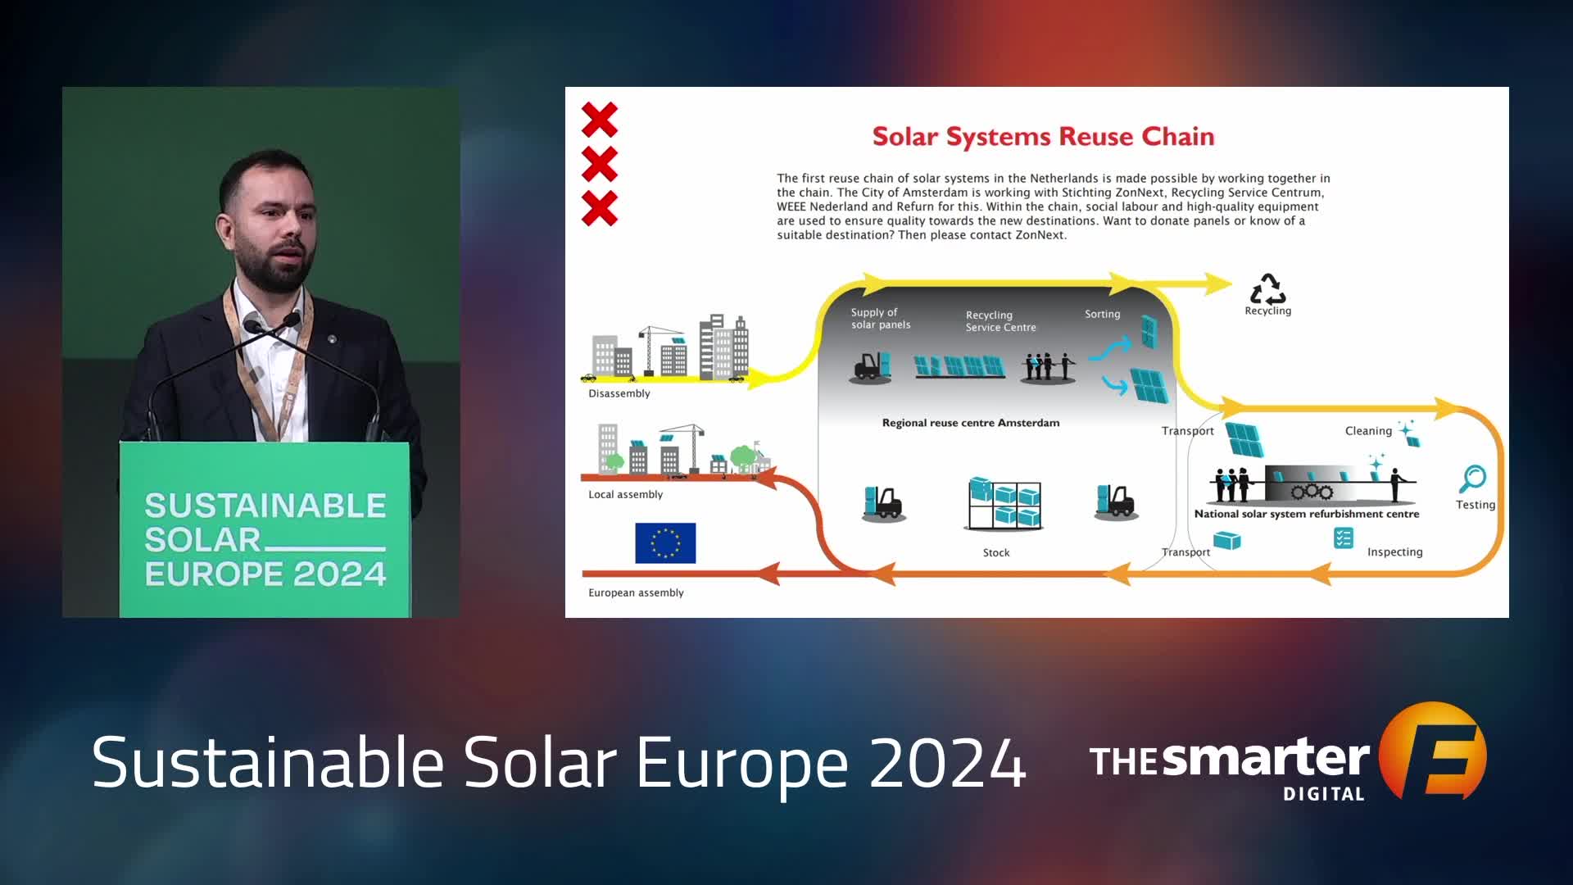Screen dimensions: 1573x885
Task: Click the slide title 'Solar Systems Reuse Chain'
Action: click(x=1043, y=137)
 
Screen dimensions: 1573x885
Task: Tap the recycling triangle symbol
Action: click(x=1267, y=288)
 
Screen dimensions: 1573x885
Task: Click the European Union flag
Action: click(x=665, y=542)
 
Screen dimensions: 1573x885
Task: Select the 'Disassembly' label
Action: click(x=619, y=393)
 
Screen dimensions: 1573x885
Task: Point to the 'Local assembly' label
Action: click(x=625, y=494)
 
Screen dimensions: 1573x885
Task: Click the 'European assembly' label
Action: click(x=636, y=592)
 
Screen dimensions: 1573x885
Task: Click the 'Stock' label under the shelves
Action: click(x=996, y=553)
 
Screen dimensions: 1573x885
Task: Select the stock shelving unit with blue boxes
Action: click(x=1004, y=503)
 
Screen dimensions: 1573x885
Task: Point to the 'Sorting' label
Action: click(x=1102, y=314)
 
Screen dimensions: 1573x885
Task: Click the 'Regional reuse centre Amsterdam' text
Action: click(x=971, y=423)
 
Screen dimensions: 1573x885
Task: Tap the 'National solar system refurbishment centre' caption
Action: click(x=1307, y=514)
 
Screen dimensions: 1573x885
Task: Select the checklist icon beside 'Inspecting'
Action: click(x=1344, y=538)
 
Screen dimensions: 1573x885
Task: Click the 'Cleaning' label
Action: click(x=1368, y=431)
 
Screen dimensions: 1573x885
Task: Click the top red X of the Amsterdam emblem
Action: click(x=600, y=120)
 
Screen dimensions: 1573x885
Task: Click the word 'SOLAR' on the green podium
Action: click(x=202, y=540)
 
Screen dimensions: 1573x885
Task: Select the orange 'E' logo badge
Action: click(x=1433, y=751)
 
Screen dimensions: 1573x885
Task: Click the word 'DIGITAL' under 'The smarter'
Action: click(x=1324, y=793)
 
